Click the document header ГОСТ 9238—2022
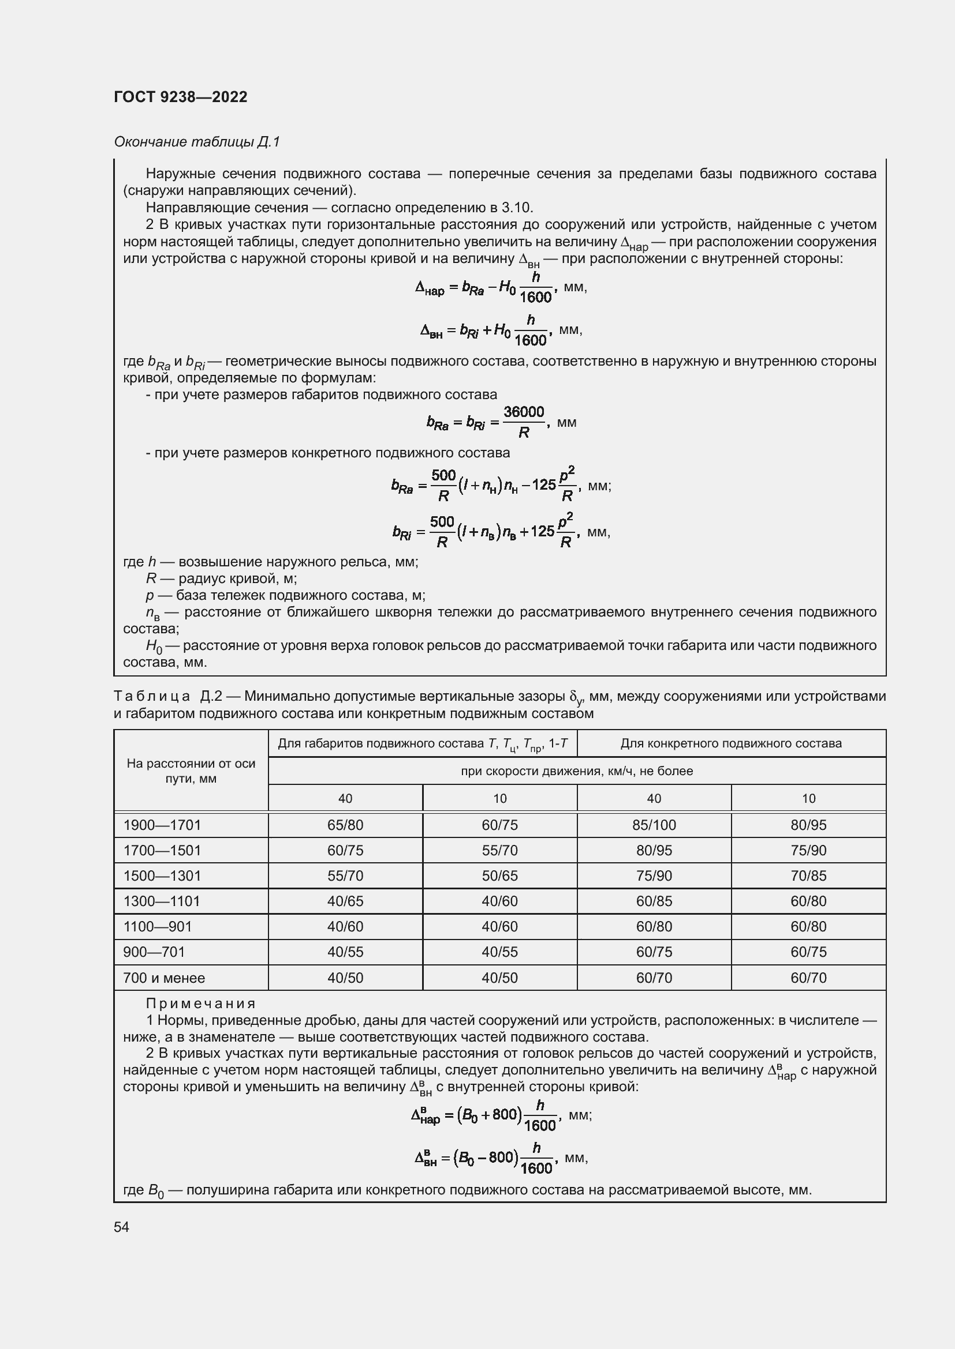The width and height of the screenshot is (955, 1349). pos(181,97)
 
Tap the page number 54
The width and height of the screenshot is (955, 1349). pos(121,1227)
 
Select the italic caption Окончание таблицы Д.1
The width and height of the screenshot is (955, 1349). pos(196,142)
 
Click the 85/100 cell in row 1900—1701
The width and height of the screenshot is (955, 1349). pos(654,825)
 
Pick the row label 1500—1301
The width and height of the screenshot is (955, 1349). pos(162,875)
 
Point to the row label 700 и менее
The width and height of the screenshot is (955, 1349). pos(163,978)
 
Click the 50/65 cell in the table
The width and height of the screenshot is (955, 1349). pos(499,875)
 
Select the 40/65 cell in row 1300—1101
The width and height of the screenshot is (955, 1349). pos(345,901)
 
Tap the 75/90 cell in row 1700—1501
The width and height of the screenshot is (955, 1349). pos(808,850)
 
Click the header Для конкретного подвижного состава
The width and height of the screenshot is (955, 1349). pos(731,743)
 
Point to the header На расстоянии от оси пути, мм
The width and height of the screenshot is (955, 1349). pos(191,771)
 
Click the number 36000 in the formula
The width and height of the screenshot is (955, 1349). pos(523,412)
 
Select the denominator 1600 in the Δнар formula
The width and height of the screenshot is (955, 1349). pos(535,298)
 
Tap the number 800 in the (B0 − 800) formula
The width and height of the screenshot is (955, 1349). pos(501,1158)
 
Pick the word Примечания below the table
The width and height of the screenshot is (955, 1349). pos(200,1004)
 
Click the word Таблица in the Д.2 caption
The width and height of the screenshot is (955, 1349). pos(152,697)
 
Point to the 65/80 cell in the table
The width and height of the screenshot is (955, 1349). pos(345,825)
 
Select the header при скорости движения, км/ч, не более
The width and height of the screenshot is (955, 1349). pos(576,771)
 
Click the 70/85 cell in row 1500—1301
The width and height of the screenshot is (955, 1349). pos(808,875)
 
